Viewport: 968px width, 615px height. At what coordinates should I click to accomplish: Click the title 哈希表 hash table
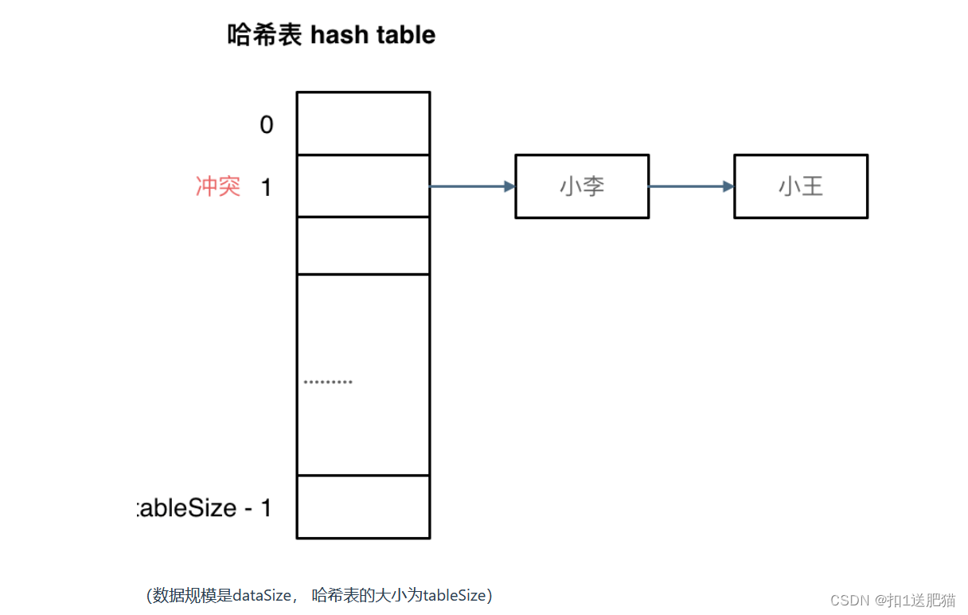click(331, 35)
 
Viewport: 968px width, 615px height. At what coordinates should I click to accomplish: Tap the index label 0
click(267, 125)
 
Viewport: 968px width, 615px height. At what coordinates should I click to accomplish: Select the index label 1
click(266, 187)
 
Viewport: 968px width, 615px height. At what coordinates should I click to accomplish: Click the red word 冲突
click(218, 186)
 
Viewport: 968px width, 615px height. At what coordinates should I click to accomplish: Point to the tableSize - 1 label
click(205, 508)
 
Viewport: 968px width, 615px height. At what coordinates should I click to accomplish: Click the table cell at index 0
click(363, 123)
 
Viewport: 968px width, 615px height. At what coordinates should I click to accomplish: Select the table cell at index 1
click(363, 186)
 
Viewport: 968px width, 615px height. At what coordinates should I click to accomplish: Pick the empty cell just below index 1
click(363, 245)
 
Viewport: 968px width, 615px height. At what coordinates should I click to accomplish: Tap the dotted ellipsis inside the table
click(328, 382)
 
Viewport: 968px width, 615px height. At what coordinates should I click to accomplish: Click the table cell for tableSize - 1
click(363, 507)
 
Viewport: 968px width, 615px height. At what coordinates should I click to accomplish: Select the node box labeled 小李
click(582, 186)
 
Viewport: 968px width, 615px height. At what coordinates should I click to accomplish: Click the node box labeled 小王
click(801, 186)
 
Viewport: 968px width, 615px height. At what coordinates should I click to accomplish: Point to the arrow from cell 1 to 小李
click(471, 186)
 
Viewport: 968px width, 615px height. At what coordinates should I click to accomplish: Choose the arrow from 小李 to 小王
click(690, 186)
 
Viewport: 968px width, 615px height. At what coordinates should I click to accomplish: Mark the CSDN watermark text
click(892, 600)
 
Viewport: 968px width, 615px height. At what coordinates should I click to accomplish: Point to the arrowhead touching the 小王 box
click(728, 186)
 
